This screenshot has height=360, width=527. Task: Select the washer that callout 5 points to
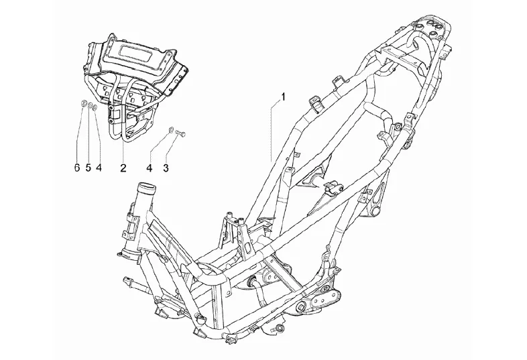coord(90,105)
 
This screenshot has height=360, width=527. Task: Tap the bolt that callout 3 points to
coord(181,133)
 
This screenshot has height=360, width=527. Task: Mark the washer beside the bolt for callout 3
coord(172,129)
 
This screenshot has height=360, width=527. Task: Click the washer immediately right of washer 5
coord(98,107)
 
